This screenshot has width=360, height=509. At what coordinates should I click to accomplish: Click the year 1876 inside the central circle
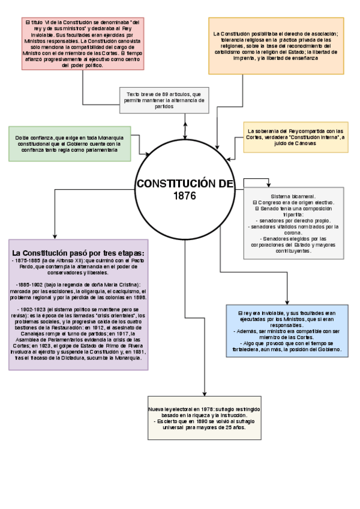click(184, 196)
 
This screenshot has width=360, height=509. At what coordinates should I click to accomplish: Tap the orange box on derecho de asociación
click(275, 45)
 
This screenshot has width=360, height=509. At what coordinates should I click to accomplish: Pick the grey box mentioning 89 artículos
click(164, 100)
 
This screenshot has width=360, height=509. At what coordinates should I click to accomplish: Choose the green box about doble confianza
click(70, 144)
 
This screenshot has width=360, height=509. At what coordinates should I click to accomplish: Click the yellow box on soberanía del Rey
click(294, 137)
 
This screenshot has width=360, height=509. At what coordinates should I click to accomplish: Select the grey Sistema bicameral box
click(293, 223)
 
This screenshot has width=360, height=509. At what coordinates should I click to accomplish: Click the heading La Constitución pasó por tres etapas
click(79, 252)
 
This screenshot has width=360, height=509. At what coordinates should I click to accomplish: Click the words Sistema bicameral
click(293, 197)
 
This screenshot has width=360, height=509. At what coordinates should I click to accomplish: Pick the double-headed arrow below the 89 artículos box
click(185, 127)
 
